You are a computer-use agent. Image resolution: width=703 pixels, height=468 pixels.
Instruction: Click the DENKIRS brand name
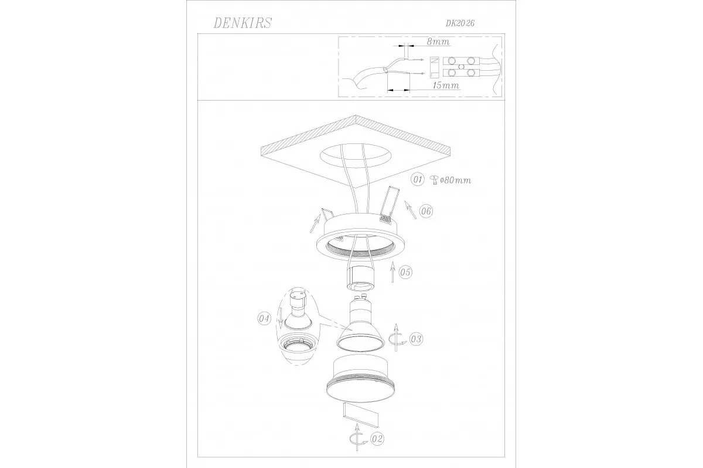tap(243, 23)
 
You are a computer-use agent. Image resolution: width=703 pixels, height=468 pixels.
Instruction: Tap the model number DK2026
tap(460, 23)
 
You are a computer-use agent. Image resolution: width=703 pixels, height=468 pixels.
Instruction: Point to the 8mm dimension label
tap(438, 42)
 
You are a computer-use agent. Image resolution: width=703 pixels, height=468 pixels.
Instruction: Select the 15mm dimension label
tap(446, 85)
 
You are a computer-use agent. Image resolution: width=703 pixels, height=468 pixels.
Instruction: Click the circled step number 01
tap(417, 179)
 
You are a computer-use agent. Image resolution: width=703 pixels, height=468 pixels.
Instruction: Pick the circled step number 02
tap(377, 439)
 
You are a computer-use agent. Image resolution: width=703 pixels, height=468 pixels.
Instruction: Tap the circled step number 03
tap(416, 339)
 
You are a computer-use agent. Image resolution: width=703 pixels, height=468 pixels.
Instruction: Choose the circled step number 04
tap(264, 319)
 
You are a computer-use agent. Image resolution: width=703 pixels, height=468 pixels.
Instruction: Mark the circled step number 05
tap(405, 272)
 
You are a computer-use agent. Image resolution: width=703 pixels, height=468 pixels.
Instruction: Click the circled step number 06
tap(426, 211)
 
